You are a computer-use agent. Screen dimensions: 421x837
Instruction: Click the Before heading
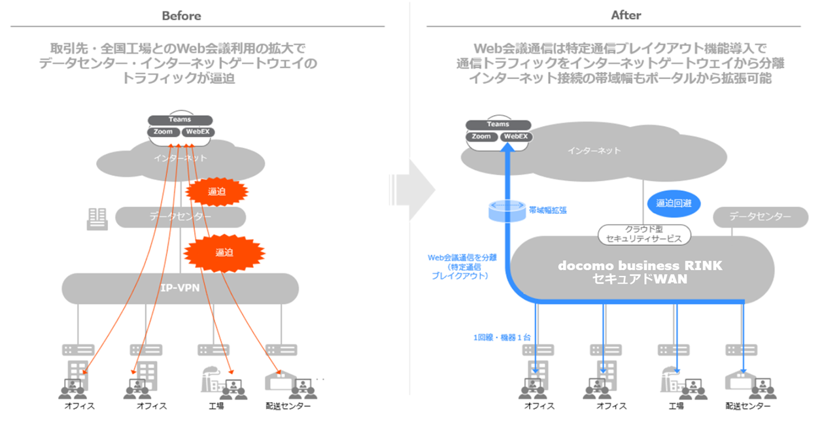(181, 16)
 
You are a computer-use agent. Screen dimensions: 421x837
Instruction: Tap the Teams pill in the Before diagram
(180, 120)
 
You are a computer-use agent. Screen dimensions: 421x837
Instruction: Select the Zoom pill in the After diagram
(481, 137)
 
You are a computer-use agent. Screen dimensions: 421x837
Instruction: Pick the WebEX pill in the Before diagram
(197, 132)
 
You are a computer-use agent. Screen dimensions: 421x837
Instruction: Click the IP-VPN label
(180, 288)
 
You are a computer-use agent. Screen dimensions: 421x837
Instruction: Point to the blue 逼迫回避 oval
(674, 203)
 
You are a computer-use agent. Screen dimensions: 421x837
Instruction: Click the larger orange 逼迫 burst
(224, 252)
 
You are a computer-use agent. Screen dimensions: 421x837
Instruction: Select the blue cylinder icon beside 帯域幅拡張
(507, 210)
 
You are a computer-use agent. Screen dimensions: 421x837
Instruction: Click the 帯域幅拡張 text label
(547, 210)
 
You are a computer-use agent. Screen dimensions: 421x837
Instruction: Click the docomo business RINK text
(640, 266)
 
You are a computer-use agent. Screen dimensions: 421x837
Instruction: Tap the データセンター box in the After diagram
(760, 217)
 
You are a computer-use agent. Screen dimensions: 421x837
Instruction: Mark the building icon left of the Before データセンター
(97, 219)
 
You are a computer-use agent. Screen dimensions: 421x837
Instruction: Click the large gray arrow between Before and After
(417, 190)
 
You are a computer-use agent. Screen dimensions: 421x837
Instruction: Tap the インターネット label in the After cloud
(594, 151)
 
